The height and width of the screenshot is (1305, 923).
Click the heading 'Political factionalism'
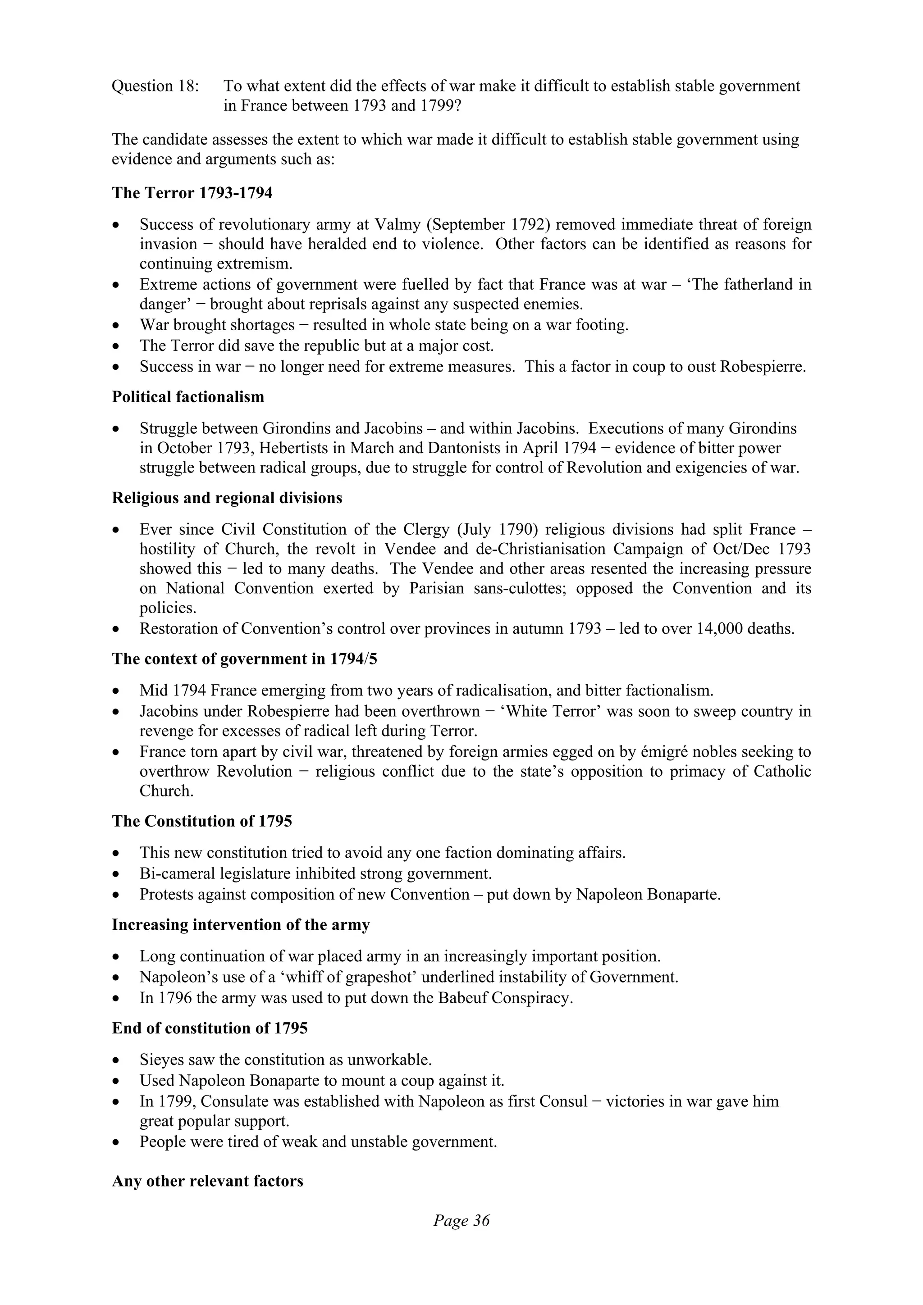tap(187, 397)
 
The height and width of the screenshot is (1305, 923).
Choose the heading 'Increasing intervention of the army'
tap(241, 925)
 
